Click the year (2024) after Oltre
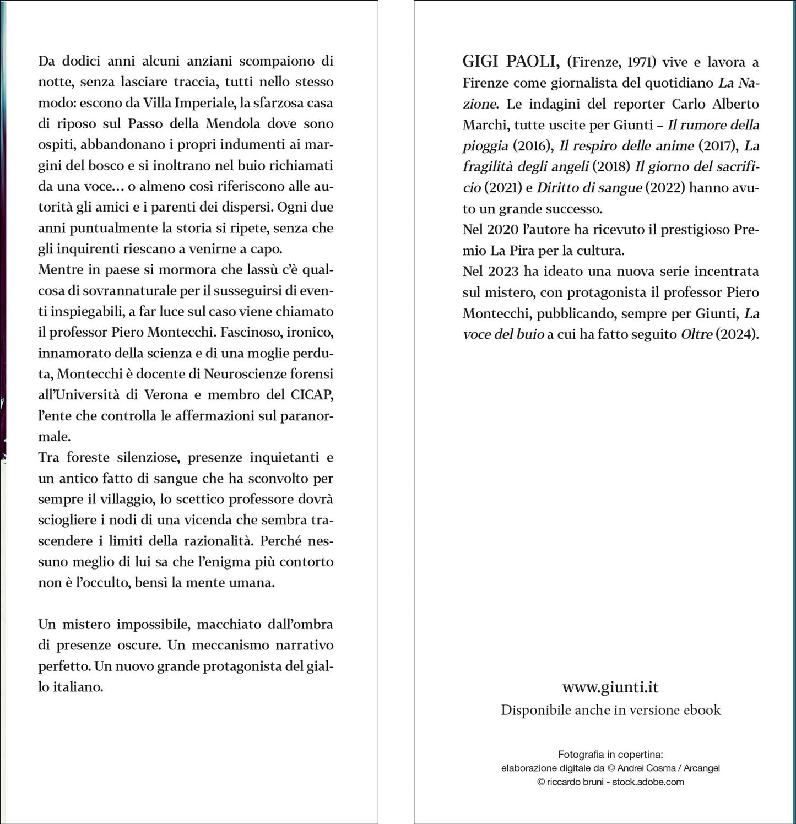click(x=737, y=334)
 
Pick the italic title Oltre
click(x=696, y=334)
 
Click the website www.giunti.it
click(x=610, y=687)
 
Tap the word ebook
click(x=702, y=710)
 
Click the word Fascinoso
click(x=262, y=332)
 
